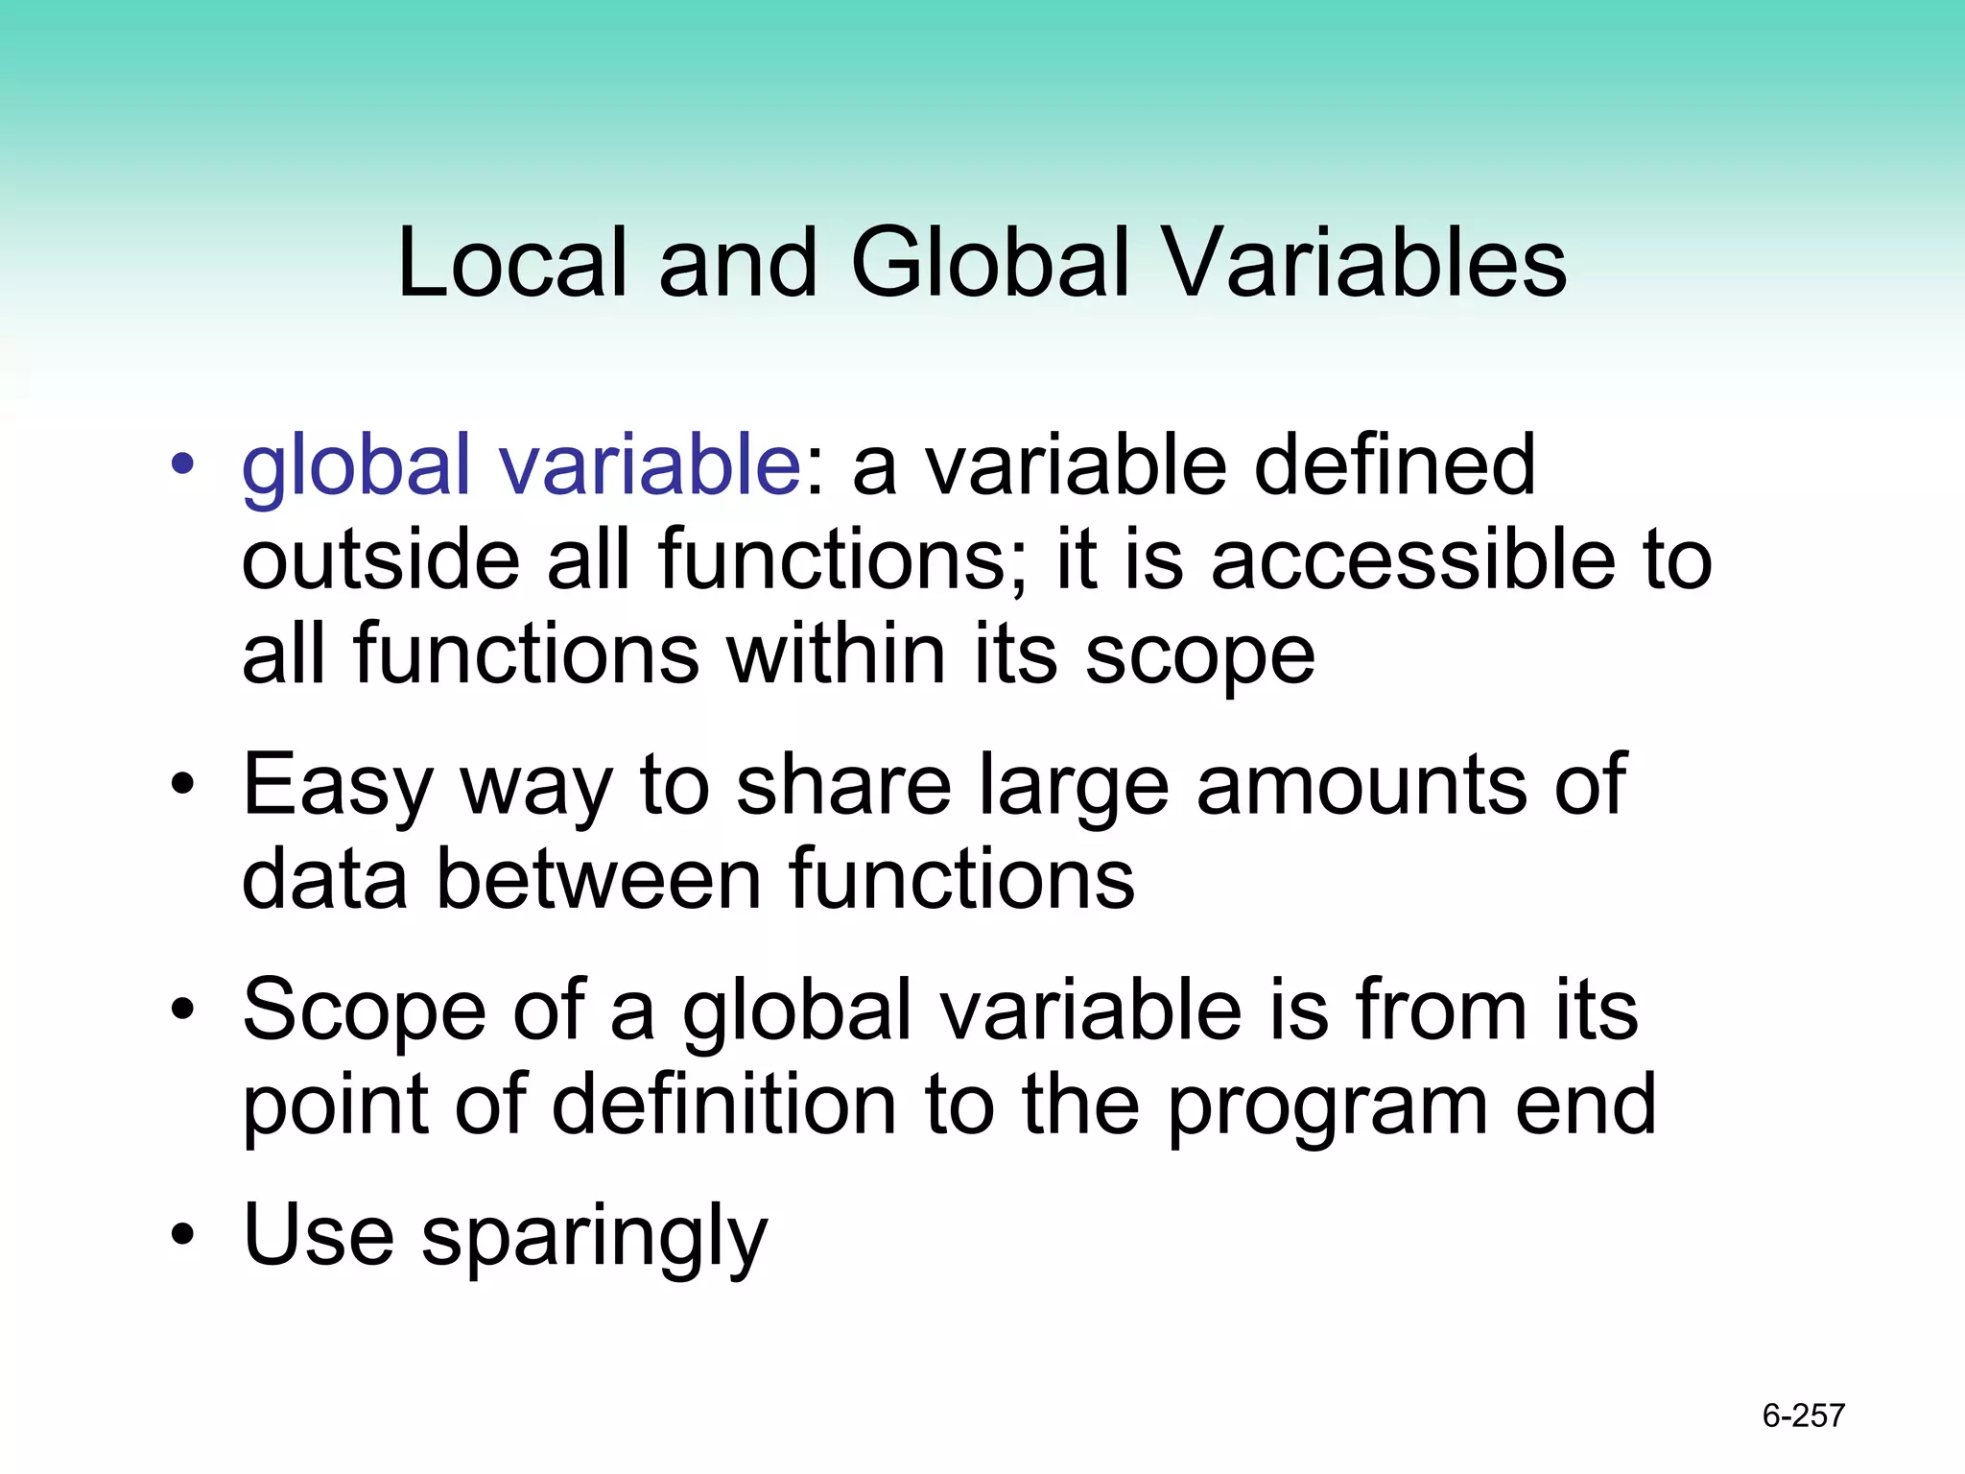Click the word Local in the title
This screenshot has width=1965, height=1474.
pyautogui.click(x=511, y=263)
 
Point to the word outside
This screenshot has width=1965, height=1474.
pyautogui.click(x=380, y=560)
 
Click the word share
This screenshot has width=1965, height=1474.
pyautogui.click(x=843, y=785)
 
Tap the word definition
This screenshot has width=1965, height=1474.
pyautogui.click(x=724, y=1105)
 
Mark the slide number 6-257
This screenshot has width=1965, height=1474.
pyautogui.click(x=1803, y=1415)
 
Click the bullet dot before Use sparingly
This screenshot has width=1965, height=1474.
pyautogui.click(x=182, y=1235)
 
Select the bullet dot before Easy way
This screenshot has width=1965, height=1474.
pyautogui.click(x=182, y=786)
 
